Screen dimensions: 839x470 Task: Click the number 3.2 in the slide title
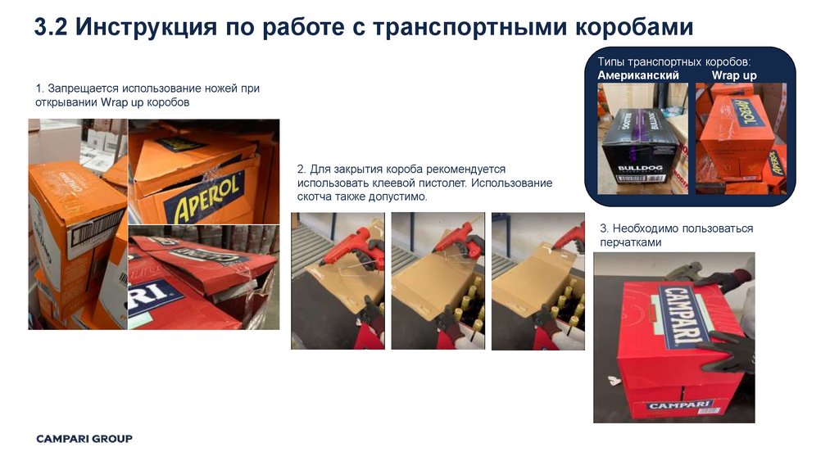[x=51, y=27]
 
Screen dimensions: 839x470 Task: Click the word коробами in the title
[x=634, y=28]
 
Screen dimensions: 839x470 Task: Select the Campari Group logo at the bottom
[x=84, y=439]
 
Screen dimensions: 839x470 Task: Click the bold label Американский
[x=637, y=75]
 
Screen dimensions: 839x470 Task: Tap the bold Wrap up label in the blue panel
[x=734, y=75]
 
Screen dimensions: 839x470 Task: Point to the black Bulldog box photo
[x=642, y=138]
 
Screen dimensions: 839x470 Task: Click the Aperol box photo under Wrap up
[x=741, y=138]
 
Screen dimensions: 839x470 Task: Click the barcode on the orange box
[x=97, y=228]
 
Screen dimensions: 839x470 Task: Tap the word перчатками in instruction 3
[x=630, y=242]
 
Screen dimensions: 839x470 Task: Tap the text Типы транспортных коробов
[x=674, y=61]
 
